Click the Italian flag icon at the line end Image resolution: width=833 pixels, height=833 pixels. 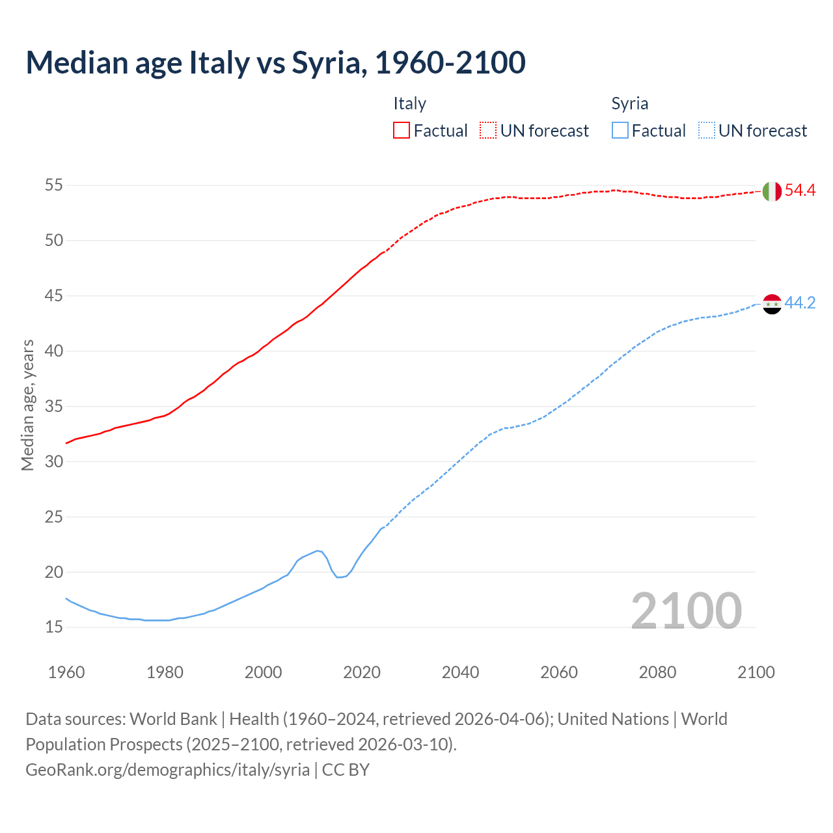click(772, 191)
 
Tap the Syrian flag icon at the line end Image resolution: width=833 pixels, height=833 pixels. click(772, 303)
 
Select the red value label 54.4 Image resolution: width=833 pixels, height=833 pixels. click(800, 191)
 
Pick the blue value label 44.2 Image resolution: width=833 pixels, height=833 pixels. click(800, 303)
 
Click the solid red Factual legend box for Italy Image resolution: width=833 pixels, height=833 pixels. click(402, 131)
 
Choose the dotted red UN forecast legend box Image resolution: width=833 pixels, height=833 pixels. click(488, 131)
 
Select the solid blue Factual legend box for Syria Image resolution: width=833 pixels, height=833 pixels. click(620, 131)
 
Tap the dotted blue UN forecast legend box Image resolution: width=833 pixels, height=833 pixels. click(706, 131)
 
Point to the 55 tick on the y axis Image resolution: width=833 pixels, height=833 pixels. click(53, 185)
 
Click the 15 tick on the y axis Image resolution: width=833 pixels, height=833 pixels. click(53, 627)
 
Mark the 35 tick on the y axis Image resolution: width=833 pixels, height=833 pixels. click(53, 407)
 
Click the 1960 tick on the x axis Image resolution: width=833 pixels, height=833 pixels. click(66, 672)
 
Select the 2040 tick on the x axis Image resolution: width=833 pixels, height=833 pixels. click(460, 672)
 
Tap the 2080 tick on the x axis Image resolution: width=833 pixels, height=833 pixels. click(657, 672)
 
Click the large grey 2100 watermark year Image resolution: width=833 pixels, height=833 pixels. click(686, 611)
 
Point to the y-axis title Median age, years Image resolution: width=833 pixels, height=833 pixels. click(27, 405)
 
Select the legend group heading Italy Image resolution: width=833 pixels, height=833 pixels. click(409, 103)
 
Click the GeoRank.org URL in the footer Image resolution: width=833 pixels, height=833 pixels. click(167, 769)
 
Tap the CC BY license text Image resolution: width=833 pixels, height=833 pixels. click(346, 769)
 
